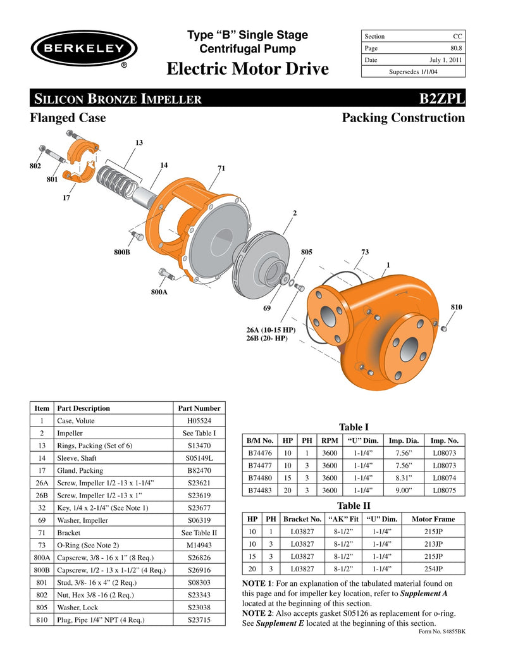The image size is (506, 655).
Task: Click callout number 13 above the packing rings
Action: coord(139,143)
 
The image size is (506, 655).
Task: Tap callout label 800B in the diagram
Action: coord(121,252)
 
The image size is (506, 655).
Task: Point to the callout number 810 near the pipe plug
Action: coord(456,307)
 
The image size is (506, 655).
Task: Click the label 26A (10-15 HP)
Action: coord(271,330)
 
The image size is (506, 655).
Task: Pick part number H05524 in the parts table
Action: coord(199,421)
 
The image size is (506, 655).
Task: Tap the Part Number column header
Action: coord(199,408)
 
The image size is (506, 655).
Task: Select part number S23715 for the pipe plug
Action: coord(199,620)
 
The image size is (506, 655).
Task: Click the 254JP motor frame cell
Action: coord(433,568)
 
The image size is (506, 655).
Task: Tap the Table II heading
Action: coord(354,505)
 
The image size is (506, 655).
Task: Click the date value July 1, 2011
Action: coord(447,59)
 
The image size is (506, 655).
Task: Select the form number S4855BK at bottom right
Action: coord(443,631)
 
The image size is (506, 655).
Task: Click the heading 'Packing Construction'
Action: coord(403,118)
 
